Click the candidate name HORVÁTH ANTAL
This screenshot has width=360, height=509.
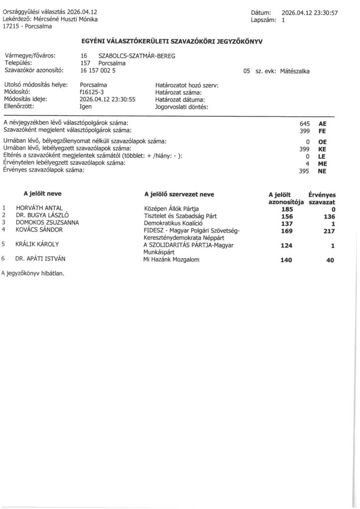[x=40, y=208]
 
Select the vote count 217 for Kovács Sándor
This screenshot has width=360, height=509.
[x=329, y=231]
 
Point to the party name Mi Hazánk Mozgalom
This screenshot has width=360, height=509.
[x=171, y=259]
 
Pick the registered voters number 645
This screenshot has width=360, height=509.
[x=305, y=123]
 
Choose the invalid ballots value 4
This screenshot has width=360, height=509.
[x=308, y=163]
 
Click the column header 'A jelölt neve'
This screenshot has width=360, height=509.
[x=42, y=194]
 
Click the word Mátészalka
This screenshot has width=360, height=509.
[x=295, y=72]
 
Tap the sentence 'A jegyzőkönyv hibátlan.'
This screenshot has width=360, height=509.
[x=33, y=273]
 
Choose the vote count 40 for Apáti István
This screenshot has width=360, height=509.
[x=330, y=260]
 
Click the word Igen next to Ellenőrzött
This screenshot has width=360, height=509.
[x=85, y=106]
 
